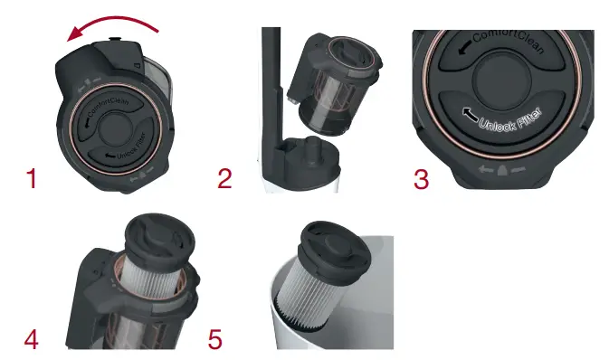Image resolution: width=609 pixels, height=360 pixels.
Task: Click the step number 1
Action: click(32, 178)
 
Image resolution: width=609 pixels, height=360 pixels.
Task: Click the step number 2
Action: click(225, 178)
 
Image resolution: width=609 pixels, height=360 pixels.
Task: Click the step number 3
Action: click(421, 178)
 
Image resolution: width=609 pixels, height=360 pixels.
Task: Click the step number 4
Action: click(32, 340)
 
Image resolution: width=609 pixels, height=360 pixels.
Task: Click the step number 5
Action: click(214, 340)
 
